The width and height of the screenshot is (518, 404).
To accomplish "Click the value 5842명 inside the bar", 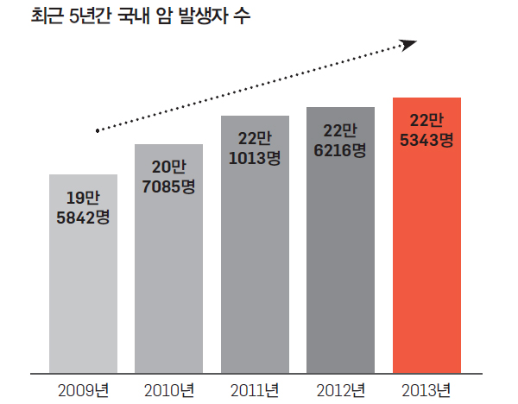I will click(x=83, y=216).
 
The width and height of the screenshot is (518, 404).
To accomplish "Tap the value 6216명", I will click(x=340, y=149).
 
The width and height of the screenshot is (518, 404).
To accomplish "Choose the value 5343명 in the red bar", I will click(x=426, y=139).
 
